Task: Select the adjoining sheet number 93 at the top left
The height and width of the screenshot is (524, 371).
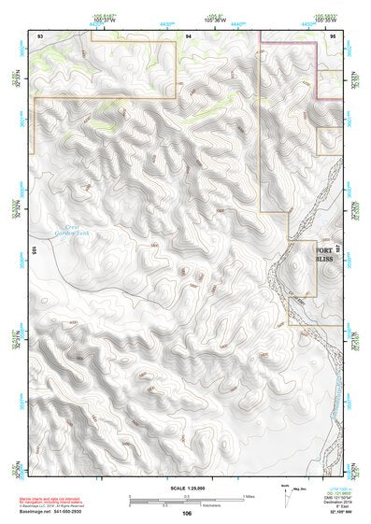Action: coord(40,35)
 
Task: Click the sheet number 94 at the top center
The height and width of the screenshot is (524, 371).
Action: coord(188,35)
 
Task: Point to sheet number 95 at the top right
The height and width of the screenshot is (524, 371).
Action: coord(333,35)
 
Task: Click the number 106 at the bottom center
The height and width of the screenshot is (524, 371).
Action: coord(187,514)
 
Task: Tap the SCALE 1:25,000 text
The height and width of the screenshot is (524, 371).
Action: coord(186,489)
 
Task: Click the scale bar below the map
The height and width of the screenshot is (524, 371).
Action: coord(187,497)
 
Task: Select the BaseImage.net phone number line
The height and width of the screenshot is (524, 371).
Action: coord(56,513)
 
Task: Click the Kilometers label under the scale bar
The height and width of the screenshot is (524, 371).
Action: coord(187,504)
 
